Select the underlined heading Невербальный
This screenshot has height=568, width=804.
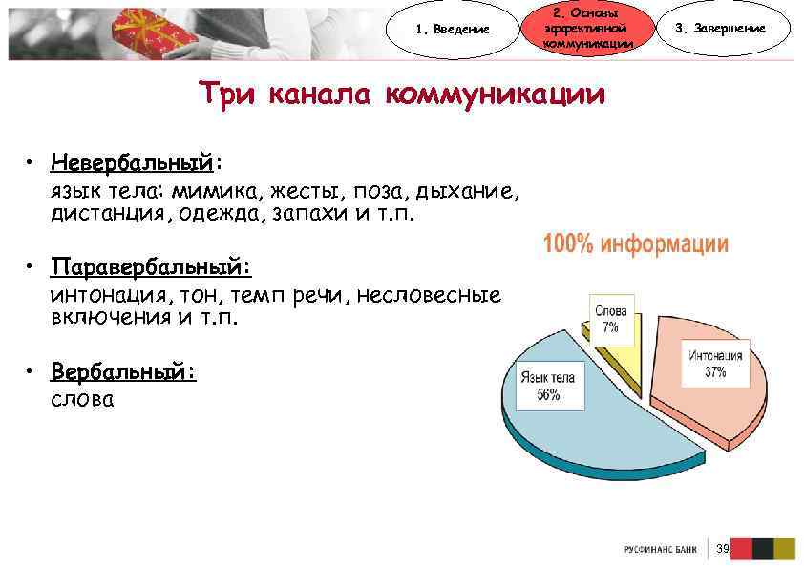coord(134,158)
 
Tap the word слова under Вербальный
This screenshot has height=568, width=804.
coord(82,399)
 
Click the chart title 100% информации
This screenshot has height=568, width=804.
coord(635,244)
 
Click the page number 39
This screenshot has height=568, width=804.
coord(723,548)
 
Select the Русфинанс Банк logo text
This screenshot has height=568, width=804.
coord(661,549)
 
